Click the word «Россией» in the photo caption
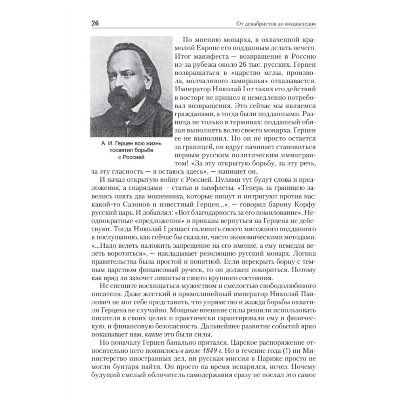tap(131, 157)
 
